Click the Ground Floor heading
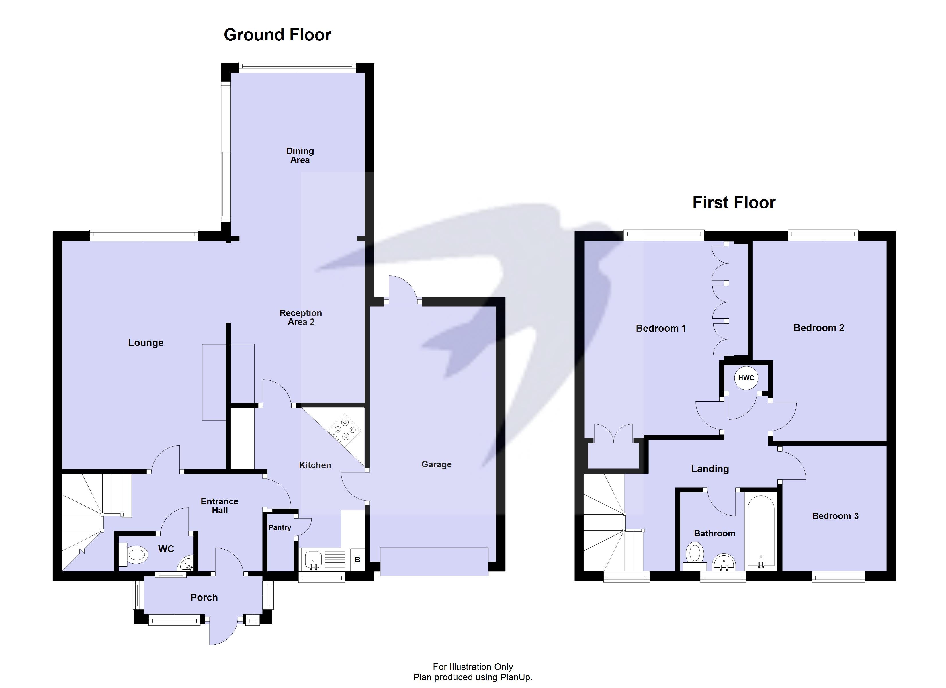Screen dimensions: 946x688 (x=277, y=35)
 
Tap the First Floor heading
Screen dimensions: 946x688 (x=734, y=202)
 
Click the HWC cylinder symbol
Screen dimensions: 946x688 (x=746, y=378)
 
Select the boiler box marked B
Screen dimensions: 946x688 (x=357, y=560)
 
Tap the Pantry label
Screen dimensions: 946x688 (x=279, y=527)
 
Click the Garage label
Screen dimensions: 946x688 (x=436, y=464)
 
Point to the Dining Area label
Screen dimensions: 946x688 (x=300, y=155)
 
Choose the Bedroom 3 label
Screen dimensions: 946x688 (x=835, y=516)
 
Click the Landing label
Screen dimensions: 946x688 (x=710, y=469)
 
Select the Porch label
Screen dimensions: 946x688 (x=204, y=597)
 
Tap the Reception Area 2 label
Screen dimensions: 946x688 (x=301, y=317)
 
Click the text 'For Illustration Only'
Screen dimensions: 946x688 (x=473, y=667)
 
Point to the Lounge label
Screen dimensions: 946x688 (x=146, y=343)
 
